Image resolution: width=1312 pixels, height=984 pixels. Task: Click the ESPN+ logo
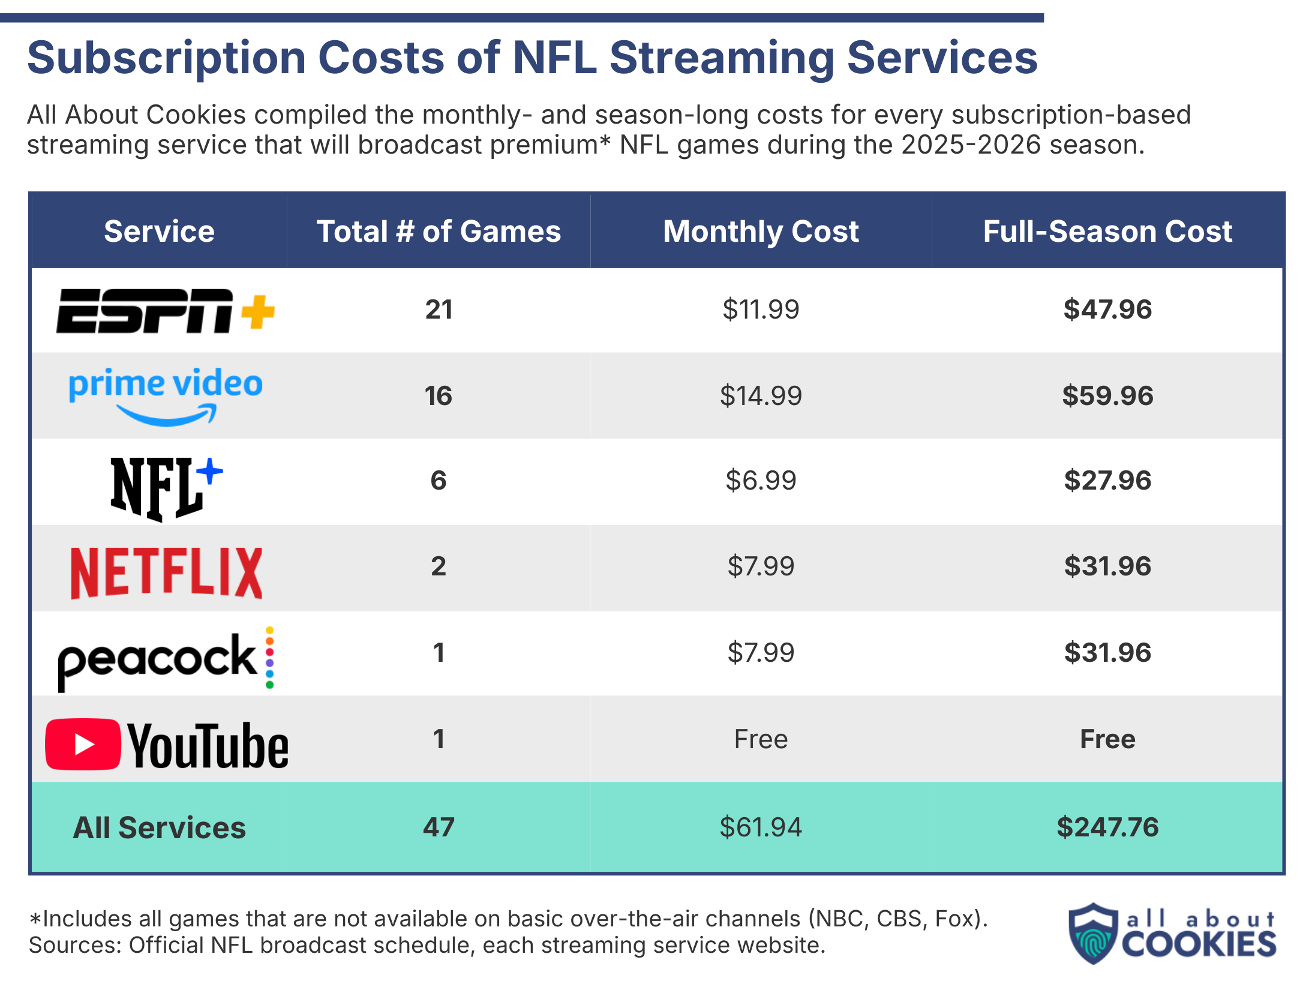[165, 310]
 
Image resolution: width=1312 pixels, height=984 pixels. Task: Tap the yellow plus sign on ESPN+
[258, 311]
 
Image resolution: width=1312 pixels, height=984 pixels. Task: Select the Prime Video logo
[166, 395]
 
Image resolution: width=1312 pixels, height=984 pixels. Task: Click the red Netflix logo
[166, 572]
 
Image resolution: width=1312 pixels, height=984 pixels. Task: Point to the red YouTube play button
[83, 744]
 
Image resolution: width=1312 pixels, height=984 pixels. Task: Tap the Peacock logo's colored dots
[269, 658]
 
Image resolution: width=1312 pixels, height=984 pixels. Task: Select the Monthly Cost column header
[760, 231]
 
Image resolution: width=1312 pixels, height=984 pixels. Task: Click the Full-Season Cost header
[1107, 231]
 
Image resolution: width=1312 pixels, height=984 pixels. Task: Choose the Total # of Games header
[439, 231]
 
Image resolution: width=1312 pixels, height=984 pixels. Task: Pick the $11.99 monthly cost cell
[760, 310]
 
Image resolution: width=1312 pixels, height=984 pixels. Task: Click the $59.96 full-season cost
[1107, 396]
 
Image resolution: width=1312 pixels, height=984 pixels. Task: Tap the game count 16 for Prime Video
[438, 396]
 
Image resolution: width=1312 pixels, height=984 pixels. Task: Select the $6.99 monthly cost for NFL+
[760, 481]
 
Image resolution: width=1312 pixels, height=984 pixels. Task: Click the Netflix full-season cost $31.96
[1107, 566]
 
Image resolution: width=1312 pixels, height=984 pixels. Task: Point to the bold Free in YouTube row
[1107, 739]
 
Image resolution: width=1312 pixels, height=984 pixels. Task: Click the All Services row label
[159, 827]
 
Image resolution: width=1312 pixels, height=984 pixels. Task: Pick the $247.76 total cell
[1107, 827]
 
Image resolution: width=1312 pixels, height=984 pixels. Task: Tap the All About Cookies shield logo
[1093, 933]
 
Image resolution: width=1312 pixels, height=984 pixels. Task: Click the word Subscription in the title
[167, 58]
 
